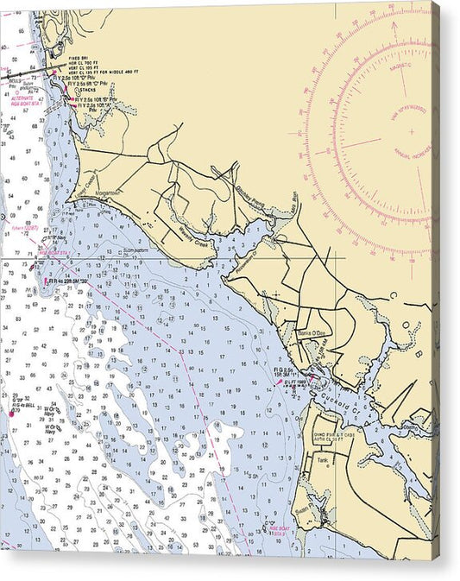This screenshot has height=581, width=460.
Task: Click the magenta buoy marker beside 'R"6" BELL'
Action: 11,413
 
